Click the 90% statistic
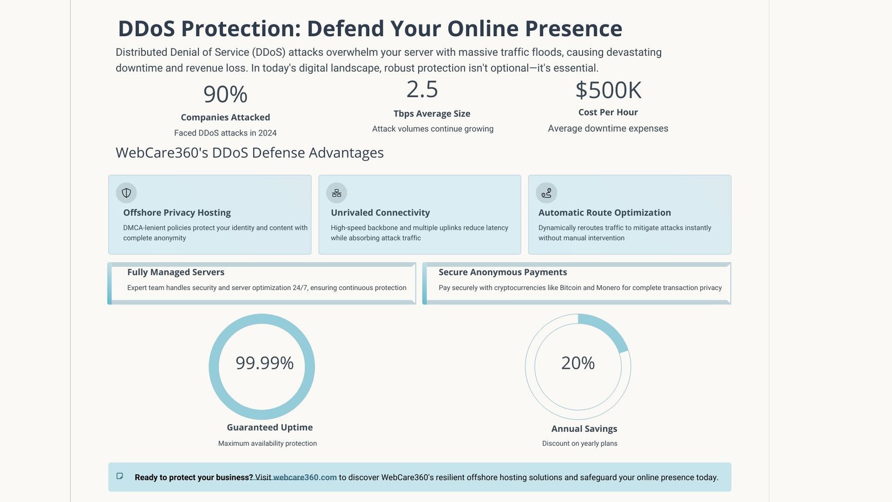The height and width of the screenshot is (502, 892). (x=225, y=94)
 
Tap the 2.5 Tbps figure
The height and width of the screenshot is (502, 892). (x=422, y=89)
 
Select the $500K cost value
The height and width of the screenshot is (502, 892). (x=608, y=90)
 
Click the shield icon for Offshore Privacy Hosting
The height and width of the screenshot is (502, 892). (x=127, y=193)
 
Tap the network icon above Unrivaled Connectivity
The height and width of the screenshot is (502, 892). (x=337, y=193)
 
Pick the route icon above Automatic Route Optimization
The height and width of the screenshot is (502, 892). (x=546, y=193)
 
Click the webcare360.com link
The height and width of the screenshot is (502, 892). (x=305, y=477)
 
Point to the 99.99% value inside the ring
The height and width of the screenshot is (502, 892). (x=264, y=363)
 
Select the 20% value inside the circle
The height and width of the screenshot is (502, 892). (x=578, y=363)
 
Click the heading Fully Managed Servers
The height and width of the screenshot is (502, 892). (x=176, y=272)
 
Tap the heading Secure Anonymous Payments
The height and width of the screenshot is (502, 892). (x=502, y=272)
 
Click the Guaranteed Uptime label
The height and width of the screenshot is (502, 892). (x=270, y=427)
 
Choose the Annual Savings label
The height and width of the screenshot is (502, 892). (x=584, y=428)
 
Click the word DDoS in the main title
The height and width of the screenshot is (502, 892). (x=146, y=29)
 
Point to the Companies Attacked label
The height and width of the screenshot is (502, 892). (x=225, y=117)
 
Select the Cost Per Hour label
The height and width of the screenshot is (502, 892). (x=608, y=112)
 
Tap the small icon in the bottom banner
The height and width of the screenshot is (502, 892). (x=120, y=476)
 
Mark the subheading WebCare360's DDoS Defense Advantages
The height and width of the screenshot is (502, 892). (x=250, y=153)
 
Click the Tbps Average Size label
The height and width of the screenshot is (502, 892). (x=432, y=114)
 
